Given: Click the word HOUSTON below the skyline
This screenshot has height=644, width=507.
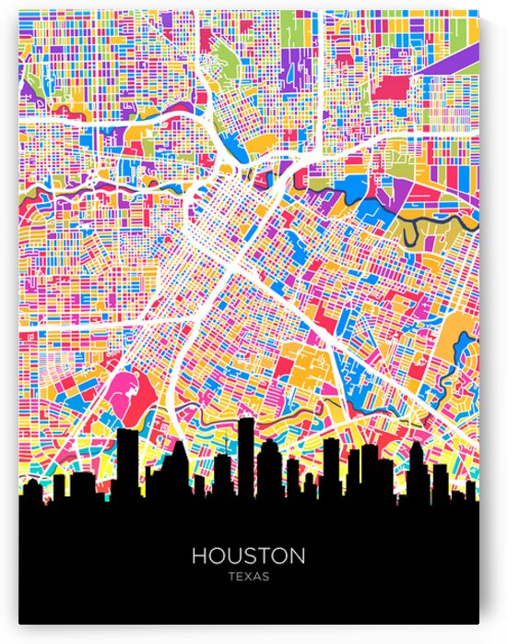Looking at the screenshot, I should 248,556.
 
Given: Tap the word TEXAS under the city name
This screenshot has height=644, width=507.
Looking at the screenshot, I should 248,577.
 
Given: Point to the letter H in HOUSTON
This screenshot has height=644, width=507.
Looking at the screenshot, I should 199,556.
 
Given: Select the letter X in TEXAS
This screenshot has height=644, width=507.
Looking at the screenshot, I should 248,577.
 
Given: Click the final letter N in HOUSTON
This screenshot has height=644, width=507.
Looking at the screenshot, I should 297,556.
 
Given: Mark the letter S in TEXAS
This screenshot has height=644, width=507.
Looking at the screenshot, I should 266,577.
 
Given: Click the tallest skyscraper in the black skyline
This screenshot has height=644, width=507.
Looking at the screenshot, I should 245,452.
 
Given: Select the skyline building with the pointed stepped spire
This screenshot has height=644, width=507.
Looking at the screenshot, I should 179,461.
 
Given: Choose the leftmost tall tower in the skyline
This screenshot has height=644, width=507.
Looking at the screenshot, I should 128,461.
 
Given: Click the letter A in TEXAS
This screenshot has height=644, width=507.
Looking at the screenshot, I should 257,577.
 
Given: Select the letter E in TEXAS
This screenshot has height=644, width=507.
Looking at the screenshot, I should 239,577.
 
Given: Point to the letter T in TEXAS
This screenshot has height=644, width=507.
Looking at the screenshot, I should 230,577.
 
